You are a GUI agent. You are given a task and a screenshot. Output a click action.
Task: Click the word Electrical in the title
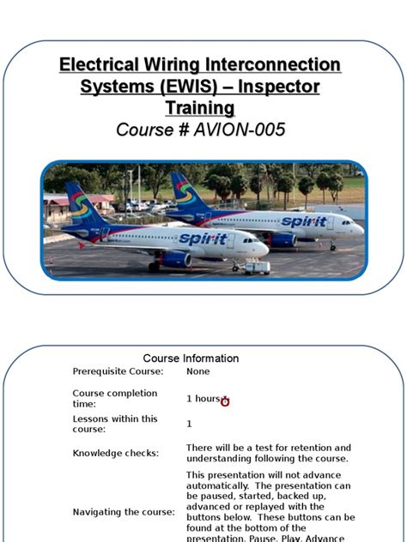pos(96,65)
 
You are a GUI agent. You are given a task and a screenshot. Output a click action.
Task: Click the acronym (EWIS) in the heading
pos(183,87)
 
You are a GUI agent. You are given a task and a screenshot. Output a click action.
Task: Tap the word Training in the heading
pos(199,108)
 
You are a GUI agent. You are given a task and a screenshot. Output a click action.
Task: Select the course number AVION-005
pos(240,130)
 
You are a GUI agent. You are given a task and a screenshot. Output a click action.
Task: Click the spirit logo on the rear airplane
pos(304,222)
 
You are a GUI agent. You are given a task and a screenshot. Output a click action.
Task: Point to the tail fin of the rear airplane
pos(184,191)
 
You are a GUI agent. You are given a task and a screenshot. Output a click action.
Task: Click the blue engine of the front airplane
pos(177,259)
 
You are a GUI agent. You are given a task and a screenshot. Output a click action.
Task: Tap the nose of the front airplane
pos(264,248)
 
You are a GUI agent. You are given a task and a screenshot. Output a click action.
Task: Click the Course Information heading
pos(191,358)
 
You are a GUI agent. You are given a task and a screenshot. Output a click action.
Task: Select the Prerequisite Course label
pos(118,371)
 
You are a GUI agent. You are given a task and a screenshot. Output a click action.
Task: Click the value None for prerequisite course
pos(197,371)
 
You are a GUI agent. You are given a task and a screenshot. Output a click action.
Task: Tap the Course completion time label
pos(114,398)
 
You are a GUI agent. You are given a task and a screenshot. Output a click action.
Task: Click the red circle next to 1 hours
pos(225,401)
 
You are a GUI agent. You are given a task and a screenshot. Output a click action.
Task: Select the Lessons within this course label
pos(114,424)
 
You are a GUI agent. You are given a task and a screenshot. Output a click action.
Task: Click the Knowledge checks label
pos(115,453)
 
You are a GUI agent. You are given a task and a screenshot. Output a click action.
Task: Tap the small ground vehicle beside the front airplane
pos(256,268)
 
